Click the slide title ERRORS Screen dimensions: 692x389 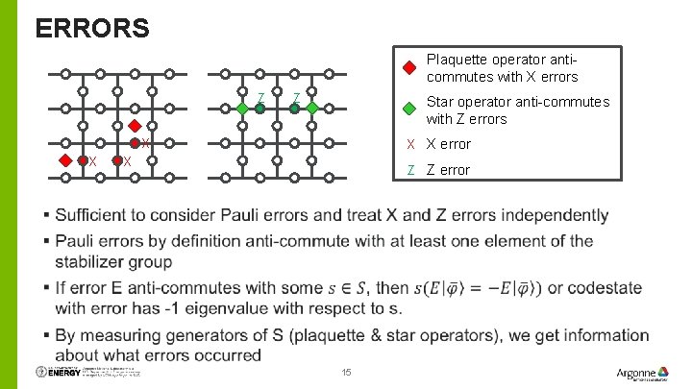click(92, 28)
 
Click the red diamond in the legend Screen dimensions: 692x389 click(408, 68)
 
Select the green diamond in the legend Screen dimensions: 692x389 click(408, 109)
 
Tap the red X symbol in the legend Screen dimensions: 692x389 click(410, 144)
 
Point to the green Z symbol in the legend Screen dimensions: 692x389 click(410, 170)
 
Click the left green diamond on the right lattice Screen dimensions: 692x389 click(242, 109)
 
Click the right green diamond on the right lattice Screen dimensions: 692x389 click(312, 109)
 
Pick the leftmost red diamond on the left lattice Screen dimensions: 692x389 click(65, 160)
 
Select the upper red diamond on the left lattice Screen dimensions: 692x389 click(136, 126)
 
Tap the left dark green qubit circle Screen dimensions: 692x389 click(259, 109)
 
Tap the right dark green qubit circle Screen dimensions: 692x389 click(295, 109)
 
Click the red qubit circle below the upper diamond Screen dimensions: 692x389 click(136, 143)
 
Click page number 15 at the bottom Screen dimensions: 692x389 click(347, 373)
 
